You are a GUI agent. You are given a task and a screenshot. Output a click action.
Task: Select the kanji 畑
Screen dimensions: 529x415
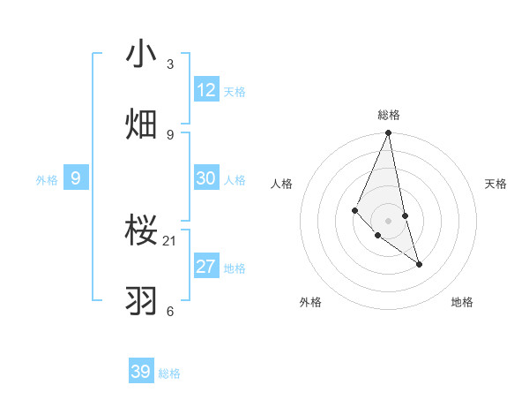click(141, 124)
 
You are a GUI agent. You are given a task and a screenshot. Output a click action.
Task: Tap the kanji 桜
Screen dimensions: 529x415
click(141, 232)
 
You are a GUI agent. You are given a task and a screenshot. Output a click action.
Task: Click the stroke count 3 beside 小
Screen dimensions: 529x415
click(170, 64)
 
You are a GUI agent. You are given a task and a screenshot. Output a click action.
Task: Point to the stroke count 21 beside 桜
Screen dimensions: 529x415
click(170, 240)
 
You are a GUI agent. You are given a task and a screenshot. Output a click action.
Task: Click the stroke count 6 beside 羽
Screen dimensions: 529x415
click(170, 311)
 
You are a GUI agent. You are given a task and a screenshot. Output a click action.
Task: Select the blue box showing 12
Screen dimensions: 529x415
click(206, 90)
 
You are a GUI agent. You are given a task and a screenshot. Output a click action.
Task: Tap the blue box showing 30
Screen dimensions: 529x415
click(206, 178)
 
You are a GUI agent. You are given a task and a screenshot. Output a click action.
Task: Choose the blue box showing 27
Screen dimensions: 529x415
click(206, 267)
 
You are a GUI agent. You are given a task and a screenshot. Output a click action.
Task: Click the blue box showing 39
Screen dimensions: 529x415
click(141, 372)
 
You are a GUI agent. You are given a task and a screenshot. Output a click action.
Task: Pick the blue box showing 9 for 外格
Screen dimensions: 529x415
click(76, 178)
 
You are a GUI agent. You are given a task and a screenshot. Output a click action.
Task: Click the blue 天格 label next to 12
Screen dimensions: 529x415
click(235, 92)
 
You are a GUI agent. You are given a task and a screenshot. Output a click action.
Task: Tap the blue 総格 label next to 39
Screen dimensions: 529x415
click(169, 373)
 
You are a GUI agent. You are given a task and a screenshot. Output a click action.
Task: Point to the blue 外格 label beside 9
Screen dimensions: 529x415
click(47, 180)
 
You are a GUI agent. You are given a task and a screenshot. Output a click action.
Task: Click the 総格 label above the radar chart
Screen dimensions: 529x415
click(389, 115)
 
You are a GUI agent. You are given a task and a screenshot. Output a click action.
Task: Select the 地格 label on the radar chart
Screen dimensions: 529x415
click(462, 302)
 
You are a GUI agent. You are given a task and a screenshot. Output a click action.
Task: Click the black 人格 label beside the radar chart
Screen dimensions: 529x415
click(282, 184)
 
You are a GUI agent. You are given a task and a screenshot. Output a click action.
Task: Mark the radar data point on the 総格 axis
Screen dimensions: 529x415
click(389, 133)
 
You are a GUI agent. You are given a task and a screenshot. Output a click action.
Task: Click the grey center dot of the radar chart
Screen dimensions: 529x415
click(389, 220)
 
